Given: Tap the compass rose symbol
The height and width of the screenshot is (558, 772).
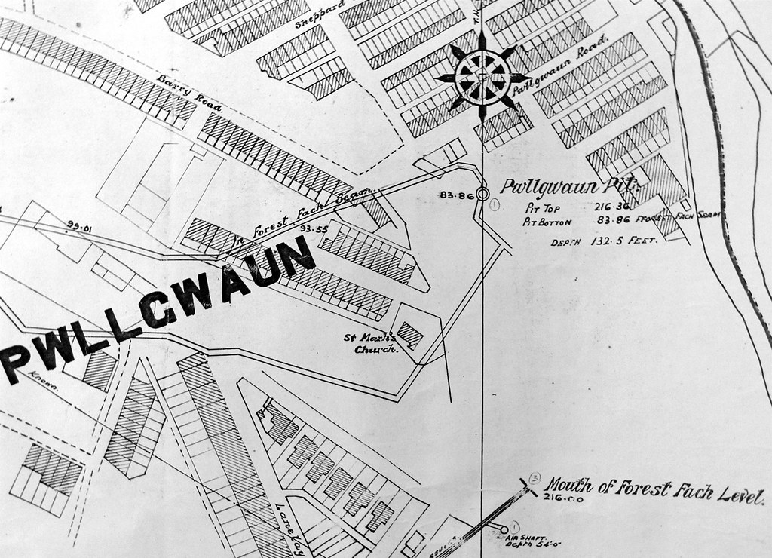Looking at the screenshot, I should (x=482, y=77).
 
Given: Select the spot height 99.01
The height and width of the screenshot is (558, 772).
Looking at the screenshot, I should (x=78, y=224).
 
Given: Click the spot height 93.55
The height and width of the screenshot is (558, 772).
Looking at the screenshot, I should (x=311, y=228).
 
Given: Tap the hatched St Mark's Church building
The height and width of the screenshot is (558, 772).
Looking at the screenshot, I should (x=411, y=334).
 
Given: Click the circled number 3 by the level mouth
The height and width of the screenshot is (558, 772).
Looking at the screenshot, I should (x=535, y=477).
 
